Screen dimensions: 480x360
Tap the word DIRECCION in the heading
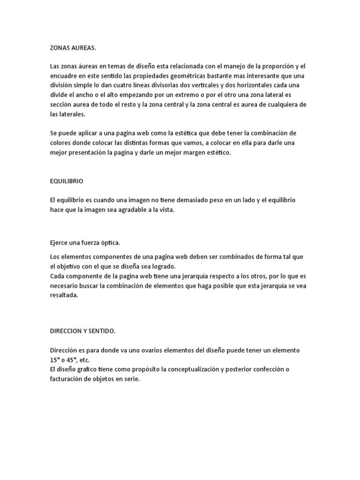pos(66,331)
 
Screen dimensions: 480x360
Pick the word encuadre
pos(64,76)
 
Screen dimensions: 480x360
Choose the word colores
pos(61,142)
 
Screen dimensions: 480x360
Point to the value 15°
pos(56,360)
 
